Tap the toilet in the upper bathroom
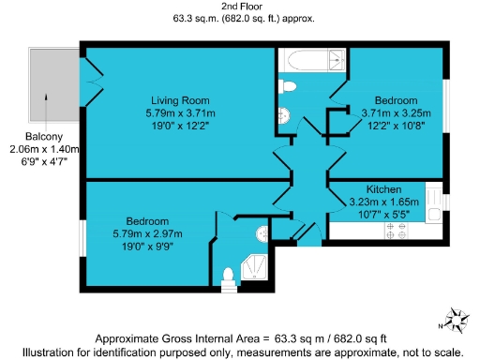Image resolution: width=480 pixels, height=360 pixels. click(289, 87)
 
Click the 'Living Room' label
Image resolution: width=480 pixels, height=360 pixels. click(181, 99)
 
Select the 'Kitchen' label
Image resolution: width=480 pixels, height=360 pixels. click(384, 188)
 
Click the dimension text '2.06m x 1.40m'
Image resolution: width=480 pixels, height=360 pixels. click(43, 149)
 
